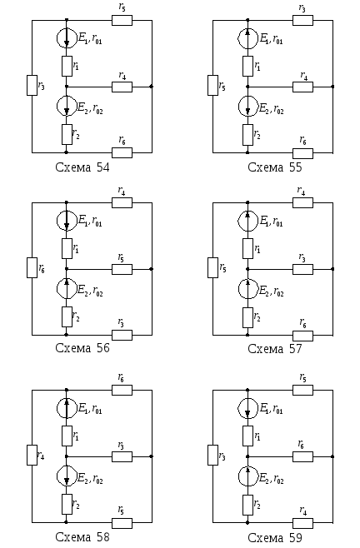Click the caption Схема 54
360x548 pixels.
point(82,167)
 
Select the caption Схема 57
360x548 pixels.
point(275,348)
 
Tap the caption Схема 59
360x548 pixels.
point(275,537)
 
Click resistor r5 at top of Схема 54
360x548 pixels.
point(122,20)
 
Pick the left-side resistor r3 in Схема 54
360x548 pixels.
point(32,85)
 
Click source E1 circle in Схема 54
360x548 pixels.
point(67,37)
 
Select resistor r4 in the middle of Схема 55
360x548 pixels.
point(303,87)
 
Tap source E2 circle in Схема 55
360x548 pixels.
point(248,107)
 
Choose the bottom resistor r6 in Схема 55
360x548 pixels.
point(303,153)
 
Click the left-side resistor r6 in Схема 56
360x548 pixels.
point(32,267)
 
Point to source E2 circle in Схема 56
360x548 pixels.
point(67,289)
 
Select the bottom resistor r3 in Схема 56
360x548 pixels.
point(122,335)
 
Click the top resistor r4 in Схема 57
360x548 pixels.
point(303,202)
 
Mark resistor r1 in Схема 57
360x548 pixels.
point(248,248)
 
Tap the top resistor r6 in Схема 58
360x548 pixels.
point(122,390)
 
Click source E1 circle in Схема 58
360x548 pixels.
point(67,408)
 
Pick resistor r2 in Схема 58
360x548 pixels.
point(67,504)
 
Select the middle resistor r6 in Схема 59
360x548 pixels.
point(303,456)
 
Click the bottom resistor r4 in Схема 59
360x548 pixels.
point(303,523)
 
